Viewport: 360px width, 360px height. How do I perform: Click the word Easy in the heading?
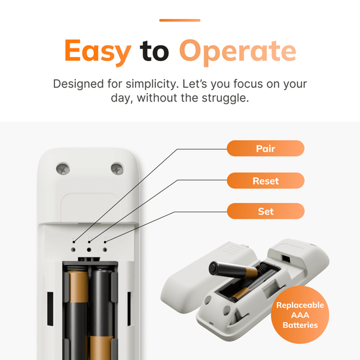(x=98, y=52)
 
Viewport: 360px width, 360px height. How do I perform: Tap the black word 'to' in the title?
(x=154, y=51)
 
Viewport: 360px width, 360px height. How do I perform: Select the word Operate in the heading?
(x=238, y=52)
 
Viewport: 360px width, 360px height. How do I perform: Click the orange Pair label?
(x=266, y=149)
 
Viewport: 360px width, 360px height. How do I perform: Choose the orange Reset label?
(x=266, y=181)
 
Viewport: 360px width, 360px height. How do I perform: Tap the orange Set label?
(x=266, y=211)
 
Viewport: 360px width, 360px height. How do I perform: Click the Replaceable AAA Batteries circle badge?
(x=300, y=315)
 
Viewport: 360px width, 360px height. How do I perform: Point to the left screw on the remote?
(x=63, y=170)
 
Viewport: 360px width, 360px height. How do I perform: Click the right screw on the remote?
(x=117, y=169)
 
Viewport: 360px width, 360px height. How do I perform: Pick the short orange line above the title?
(x=180, y=20)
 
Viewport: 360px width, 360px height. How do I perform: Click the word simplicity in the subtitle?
(x=153, y=84)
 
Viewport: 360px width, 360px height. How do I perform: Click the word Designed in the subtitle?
(x=79, y=84)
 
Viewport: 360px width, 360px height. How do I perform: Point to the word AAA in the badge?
(x=300, y=315)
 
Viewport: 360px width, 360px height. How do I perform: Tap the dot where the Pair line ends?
(x=74, y=242)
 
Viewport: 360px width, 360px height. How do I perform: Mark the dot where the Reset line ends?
(x=89, y=242)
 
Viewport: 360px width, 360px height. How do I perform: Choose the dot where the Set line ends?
(x=105, y=242)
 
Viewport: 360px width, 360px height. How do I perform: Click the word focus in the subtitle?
(x=248, y=84)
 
